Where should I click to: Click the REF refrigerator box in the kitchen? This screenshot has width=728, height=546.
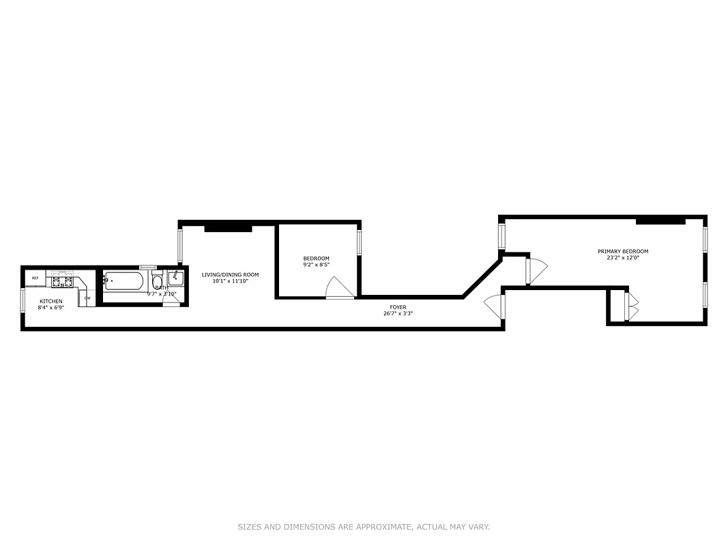pyautogui.click(x=35, y=278)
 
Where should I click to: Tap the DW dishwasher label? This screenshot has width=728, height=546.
pyautogui.click(x=87, y=298)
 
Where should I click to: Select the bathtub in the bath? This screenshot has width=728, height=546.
pyautogui.click(x=123, y=281)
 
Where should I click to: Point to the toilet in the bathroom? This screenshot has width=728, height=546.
pyautogui.click(x=158, y=282)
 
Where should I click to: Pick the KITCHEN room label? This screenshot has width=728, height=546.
pyautogui.click(x=51, y=301)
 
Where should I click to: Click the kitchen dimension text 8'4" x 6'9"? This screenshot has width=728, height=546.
pyautogui.click(x=51, y=308)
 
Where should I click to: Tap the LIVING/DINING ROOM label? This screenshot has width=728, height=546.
pyautogui.click(x=230, y=274)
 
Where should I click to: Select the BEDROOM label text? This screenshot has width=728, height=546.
pyautogui.click(x=317, y=258)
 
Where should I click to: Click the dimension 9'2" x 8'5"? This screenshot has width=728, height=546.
pyautogui.click(x=317, y=265)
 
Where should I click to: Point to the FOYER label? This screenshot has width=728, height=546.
pyautogui.click(x=398, y=307)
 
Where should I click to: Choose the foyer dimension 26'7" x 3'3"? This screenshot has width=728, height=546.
pyautogui.click(x=398, y=314)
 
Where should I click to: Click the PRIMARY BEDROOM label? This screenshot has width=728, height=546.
pyautogui.click(x=623, y=251)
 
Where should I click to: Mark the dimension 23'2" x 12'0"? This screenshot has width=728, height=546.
pyautogui.click(x=623, y=258)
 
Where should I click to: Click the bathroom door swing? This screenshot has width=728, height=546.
pyautogui.click(x=171, y=301)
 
